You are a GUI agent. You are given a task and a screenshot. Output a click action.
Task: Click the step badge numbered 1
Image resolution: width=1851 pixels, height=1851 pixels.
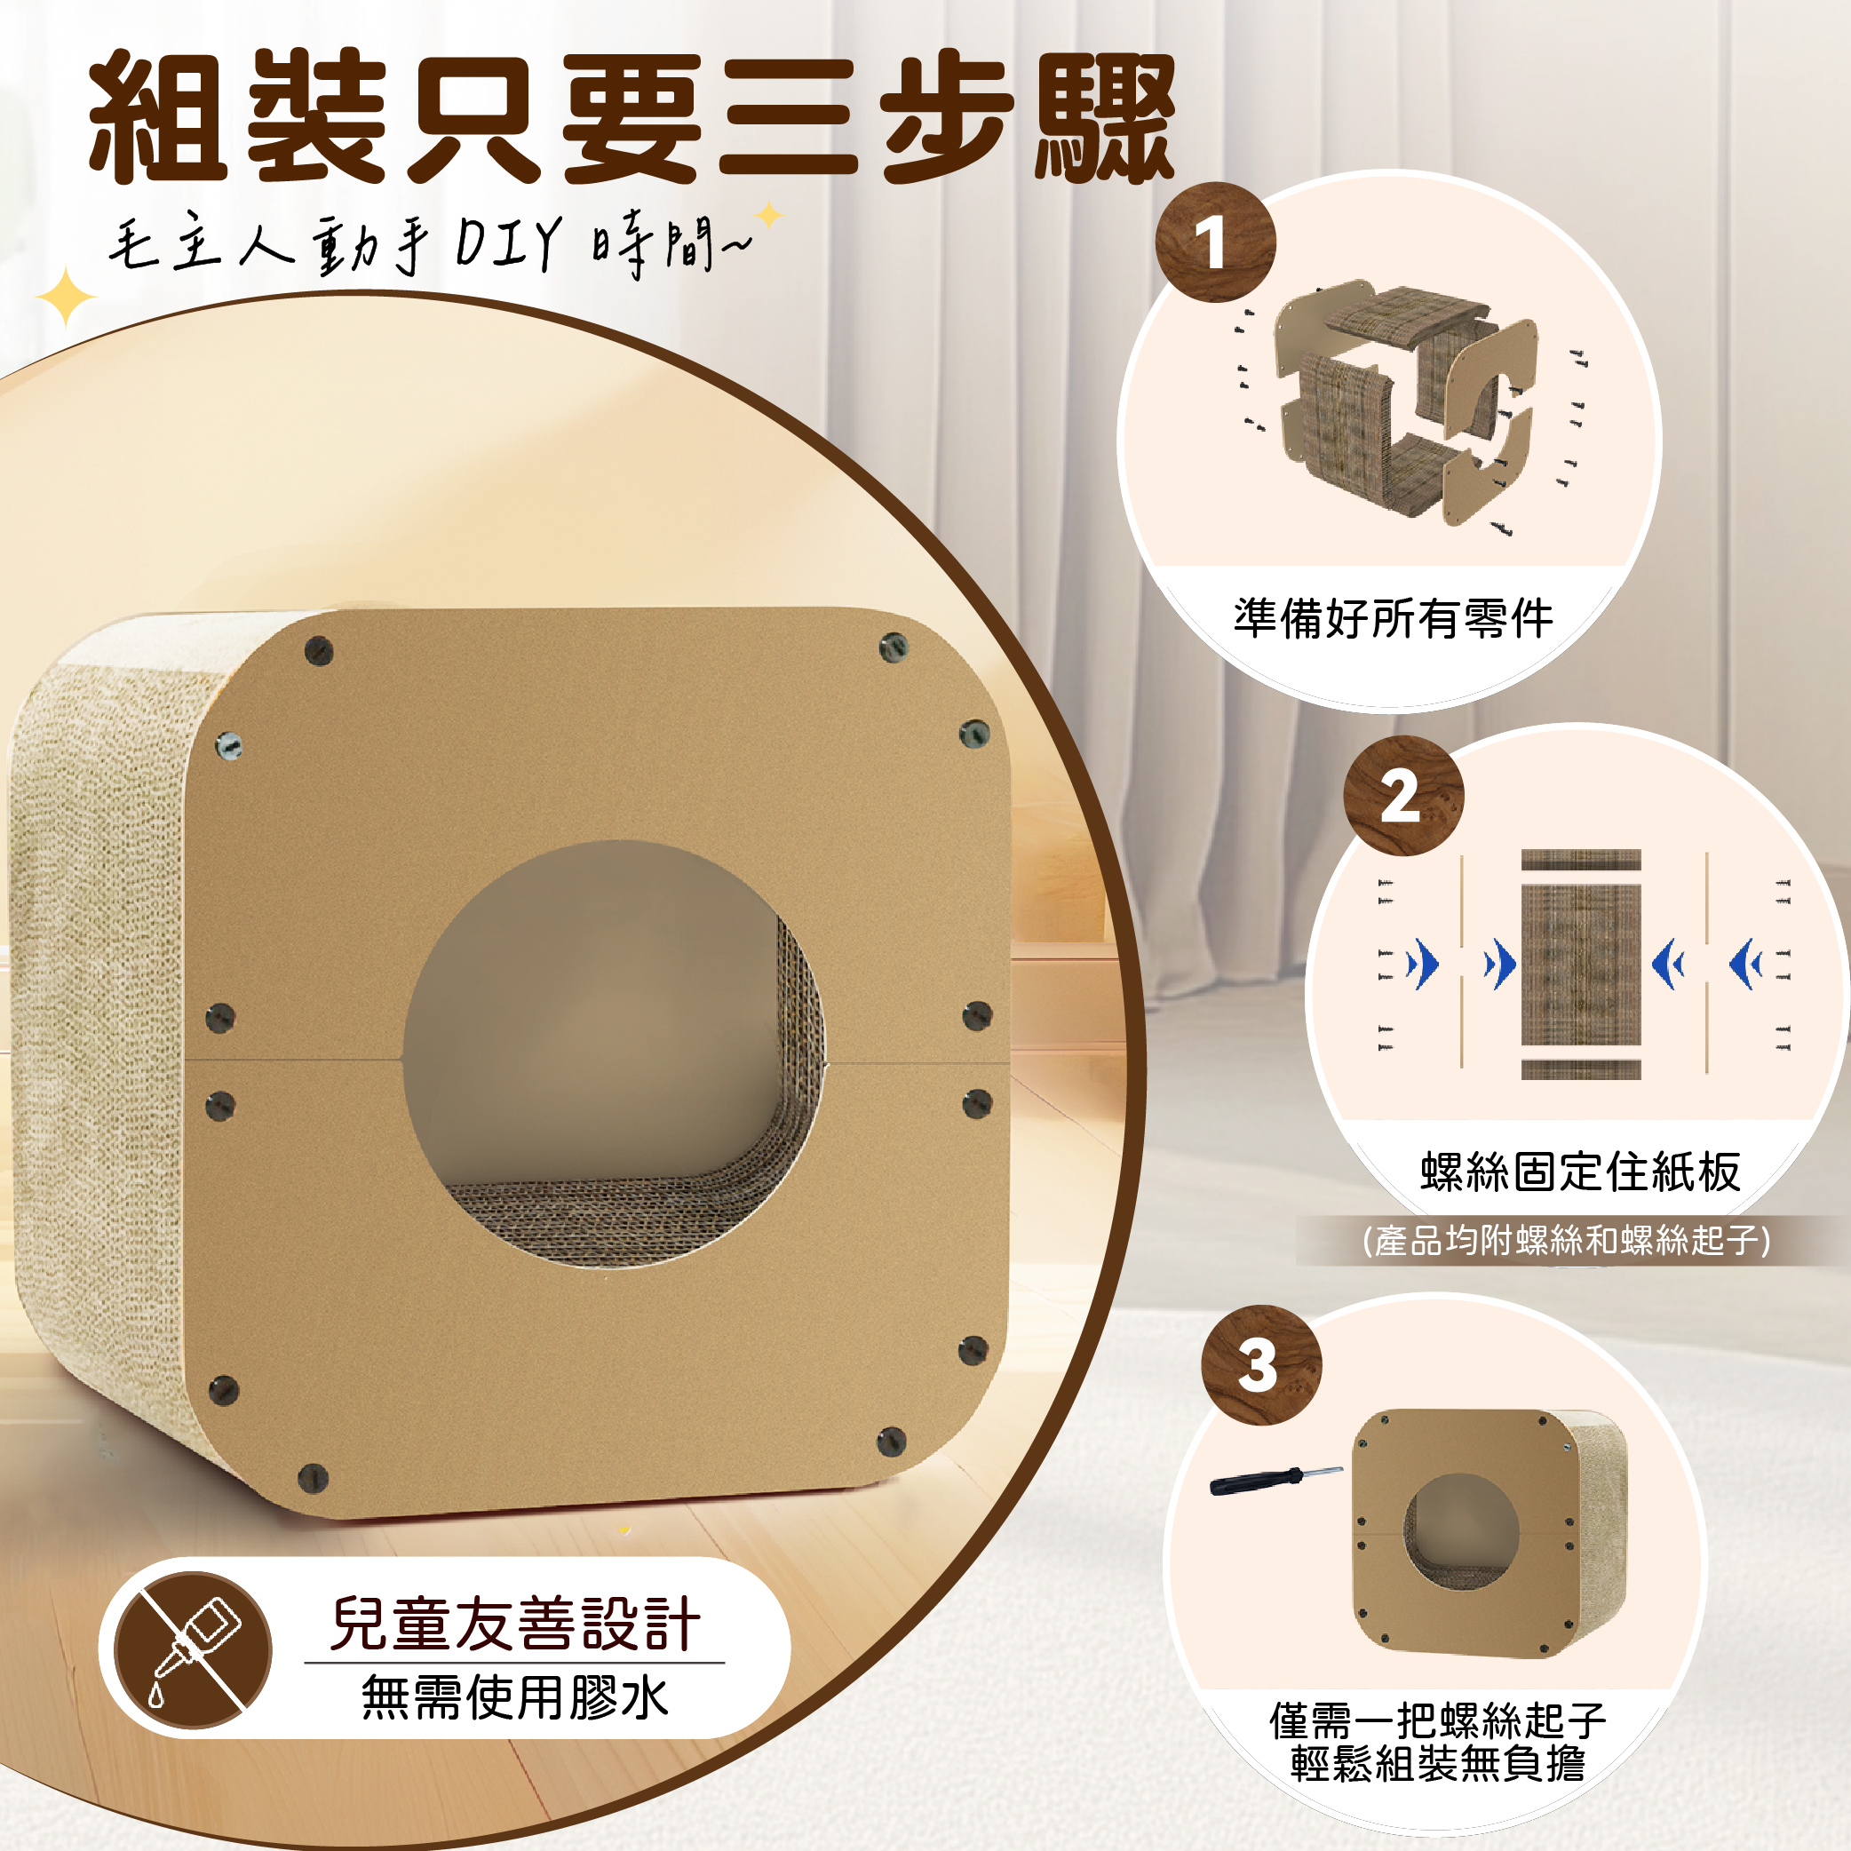point(1215,242)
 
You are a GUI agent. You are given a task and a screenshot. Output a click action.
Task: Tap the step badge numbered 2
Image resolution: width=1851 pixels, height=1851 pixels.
point(1402,795)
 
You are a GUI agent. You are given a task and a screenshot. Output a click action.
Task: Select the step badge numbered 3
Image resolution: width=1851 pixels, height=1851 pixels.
point(1261,1364)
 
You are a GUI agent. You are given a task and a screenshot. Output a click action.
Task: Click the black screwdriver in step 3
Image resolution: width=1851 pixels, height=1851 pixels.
point(1275,1481)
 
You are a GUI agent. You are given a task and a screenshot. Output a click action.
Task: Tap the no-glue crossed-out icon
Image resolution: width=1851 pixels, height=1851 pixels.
point(193,1649)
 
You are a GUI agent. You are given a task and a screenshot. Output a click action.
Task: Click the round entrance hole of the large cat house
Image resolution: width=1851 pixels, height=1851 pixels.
point(613,1054)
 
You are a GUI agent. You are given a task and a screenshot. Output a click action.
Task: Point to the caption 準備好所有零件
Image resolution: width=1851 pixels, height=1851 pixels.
point(1393,618)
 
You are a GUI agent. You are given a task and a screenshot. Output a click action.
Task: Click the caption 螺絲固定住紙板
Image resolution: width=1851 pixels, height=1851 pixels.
point(1580,1171)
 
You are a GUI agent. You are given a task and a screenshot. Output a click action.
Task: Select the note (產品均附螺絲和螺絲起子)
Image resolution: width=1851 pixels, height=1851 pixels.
point(1567,1240)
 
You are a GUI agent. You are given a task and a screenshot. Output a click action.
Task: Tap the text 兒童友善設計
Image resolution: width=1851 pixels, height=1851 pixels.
point(514,1624)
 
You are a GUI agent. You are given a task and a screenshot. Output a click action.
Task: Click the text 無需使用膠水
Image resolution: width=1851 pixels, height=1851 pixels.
point(514,1697)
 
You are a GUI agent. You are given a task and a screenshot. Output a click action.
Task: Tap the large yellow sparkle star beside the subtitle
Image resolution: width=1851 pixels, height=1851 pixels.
point(65,297)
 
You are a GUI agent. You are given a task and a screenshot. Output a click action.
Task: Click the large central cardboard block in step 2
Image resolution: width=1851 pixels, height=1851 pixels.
point(1581,964)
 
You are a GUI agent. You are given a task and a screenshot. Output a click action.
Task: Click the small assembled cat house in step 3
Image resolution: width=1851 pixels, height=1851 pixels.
point(1489,1532)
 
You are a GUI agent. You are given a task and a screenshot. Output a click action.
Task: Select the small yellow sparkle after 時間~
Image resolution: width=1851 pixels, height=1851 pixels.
point(768,215)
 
